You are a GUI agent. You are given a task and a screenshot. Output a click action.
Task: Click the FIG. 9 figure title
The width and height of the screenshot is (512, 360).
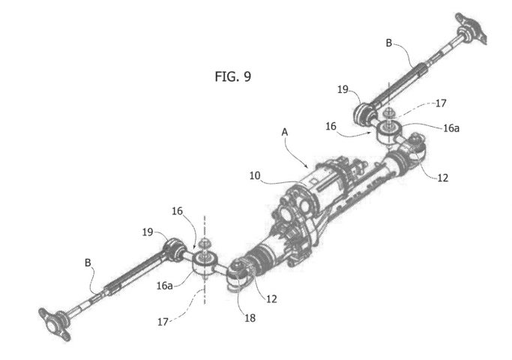click(x=233, y=76)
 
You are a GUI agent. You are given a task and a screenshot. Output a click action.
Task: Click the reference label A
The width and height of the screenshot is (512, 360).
click(x=285, y=132)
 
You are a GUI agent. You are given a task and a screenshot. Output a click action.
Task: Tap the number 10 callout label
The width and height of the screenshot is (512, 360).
click(x=255, y=175)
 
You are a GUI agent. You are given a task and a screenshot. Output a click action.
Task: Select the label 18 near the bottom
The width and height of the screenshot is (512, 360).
click(x=250, y=318)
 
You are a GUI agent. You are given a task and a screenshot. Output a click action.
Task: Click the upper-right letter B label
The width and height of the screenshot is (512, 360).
click(x=389, y=43)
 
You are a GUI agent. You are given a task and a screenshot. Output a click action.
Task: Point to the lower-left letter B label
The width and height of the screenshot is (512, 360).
click(x=88, y=262)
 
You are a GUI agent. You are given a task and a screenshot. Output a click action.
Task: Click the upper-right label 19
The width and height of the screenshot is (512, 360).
click(x=343, y=89)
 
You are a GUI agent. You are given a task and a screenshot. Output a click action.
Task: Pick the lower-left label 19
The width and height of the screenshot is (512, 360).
click(x=148, y=232)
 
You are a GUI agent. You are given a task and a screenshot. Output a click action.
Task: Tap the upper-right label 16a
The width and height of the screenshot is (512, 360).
click(x=451, y=128)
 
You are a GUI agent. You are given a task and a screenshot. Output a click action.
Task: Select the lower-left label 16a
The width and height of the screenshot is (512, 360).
click(x=165, y=286)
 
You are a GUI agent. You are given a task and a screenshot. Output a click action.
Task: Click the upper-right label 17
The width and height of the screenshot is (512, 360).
click(x=441, y=103)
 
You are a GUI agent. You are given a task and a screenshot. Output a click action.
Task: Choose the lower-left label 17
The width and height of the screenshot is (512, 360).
click(x=163, y=322)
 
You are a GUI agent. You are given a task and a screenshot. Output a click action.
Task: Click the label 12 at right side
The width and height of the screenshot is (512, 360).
click(x=443, y=178)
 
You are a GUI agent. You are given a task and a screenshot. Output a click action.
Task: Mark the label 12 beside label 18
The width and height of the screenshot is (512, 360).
click(x=271, y=299)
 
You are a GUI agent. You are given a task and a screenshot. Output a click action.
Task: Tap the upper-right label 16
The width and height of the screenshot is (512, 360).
click(x=331, y=126)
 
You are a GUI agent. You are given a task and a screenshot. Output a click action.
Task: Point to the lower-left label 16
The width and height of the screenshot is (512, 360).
click(x=178, y=211)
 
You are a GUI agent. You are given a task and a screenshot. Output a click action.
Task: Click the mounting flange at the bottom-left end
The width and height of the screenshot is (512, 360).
click(x=55, y=324)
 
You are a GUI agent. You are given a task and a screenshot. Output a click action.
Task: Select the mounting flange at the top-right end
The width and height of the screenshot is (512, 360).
click(x=471, y=28)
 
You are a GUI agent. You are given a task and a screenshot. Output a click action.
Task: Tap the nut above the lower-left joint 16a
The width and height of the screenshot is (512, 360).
click(x=205, y=244)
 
